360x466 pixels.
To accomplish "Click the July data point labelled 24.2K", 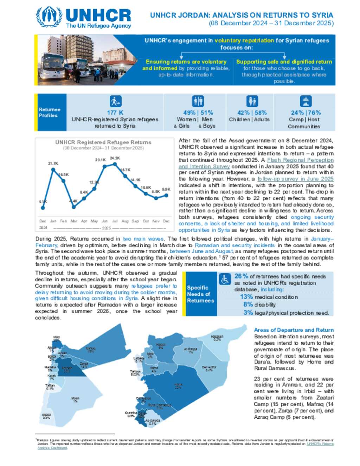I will (x=115, y=164).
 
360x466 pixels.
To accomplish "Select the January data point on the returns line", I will (x=53, y=170).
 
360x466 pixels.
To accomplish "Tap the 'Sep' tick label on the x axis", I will (x=135, y=221).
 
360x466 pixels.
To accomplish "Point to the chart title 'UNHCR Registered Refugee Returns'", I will (x=103, y=142).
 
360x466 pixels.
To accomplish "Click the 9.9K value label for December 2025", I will (x=166, y=189).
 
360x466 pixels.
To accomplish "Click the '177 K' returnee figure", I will (x=115, y=113).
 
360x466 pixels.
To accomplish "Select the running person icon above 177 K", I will (x=115, y=101).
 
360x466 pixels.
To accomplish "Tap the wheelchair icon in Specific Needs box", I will (x=225, y=279).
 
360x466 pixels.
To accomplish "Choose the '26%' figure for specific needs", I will (x=241, y=276).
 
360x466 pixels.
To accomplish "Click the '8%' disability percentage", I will (x=248, y=305).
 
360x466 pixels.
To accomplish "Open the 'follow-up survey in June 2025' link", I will (x=295, y=179).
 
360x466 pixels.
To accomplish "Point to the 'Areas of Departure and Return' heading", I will (x=294, y=330).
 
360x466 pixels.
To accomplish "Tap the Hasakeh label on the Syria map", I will (x=217, y=338).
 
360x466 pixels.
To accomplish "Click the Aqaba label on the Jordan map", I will (x=46, y=416).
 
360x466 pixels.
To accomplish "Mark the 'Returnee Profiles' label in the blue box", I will (x=50, y=113).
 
